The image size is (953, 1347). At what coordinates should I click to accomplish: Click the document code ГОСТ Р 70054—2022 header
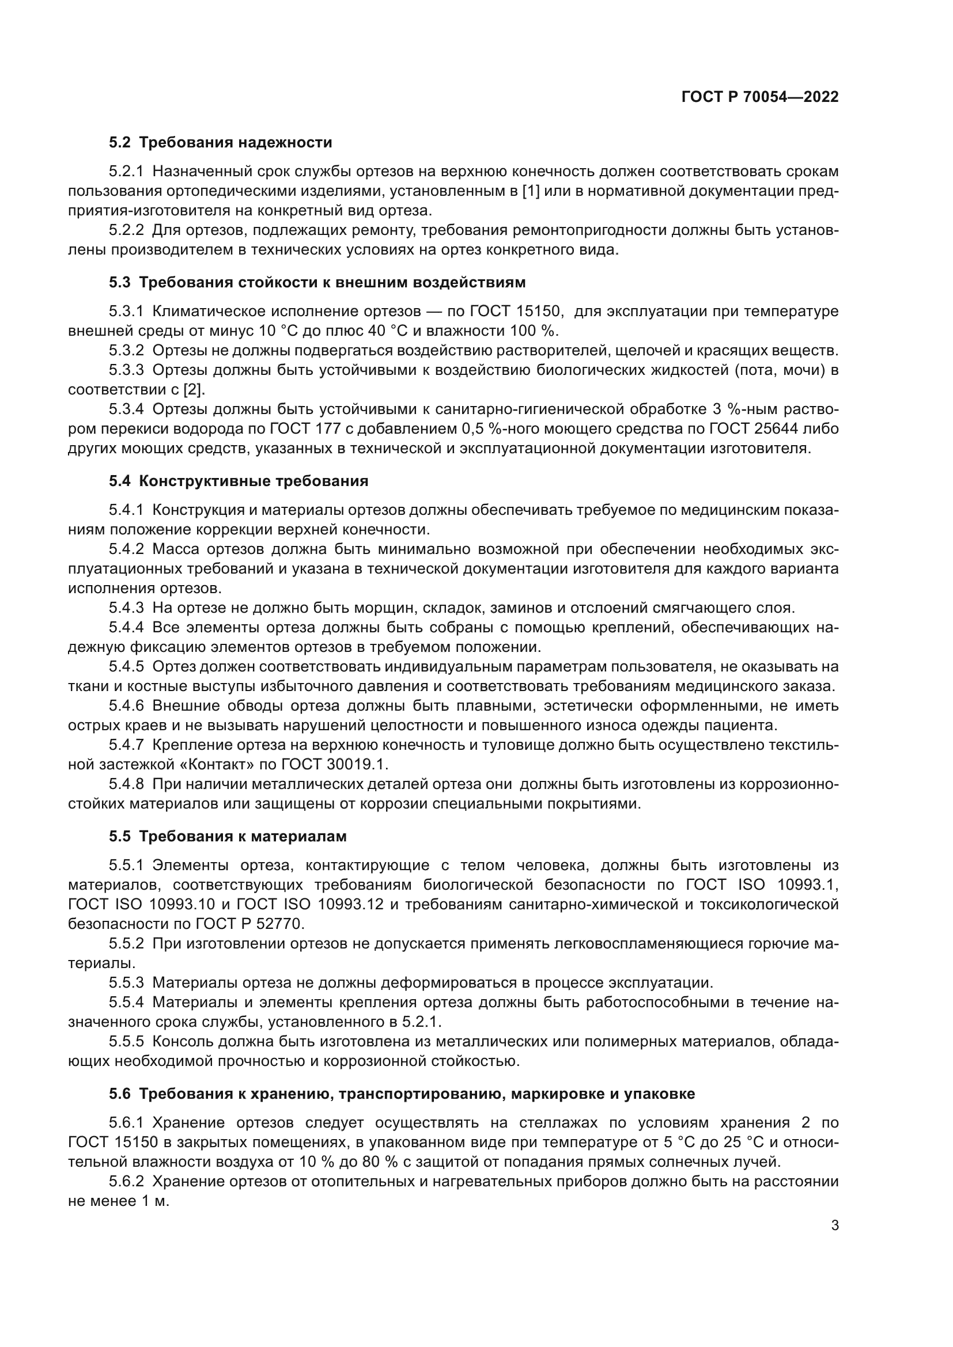[x=760, y=97]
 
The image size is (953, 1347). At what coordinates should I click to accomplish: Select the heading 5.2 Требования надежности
[x=220, y=143]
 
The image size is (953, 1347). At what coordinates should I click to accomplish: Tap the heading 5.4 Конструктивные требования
[x=239, y=481]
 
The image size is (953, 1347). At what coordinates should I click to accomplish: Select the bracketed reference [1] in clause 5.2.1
[x=531, y=191]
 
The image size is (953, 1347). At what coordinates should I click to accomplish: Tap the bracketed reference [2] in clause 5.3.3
[x=194, y=389]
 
